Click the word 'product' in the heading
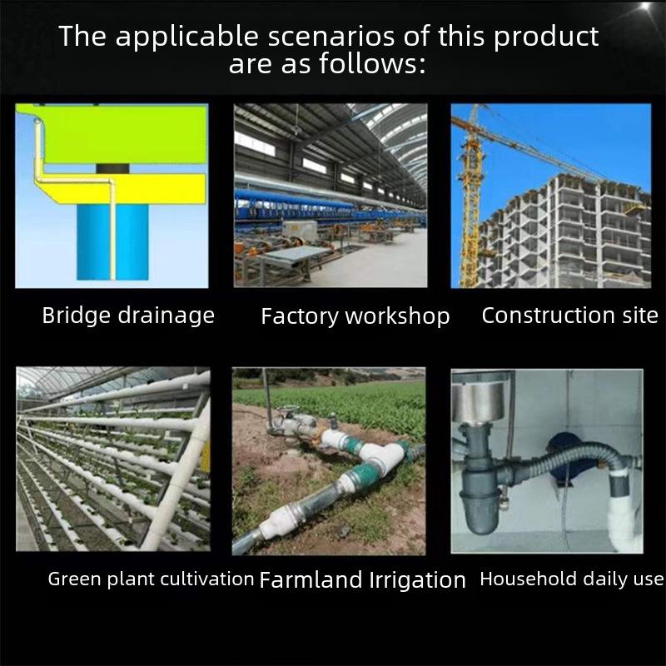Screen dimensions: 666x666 [x=546, y=37]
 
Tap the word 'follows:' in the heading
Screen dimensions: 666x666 [x=372, y=64]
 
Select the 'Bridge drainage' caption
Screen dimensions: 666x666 [x=128, y=316]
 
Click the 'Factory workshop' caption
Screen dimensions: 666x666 [x=355, y=316]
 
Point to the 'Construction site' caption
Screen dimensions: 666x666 [x=569, y=316]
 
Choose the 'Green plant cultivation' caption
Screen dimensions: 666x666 [x=151, y=579]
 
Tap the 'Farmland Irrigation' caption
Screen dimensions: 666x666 [x=362, y=579]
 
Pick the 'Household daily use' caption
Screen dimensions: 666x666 [x=571, y=579]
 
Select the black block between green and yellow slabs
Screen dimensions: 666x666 [x=112, y=169]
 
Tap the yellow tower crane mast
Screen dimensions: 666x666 [x=470, y=204]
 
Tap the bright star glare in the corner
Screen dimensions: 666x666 [x=646, y=6]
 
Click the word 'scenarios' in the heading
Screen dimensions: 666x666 [x=331, y=36]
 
